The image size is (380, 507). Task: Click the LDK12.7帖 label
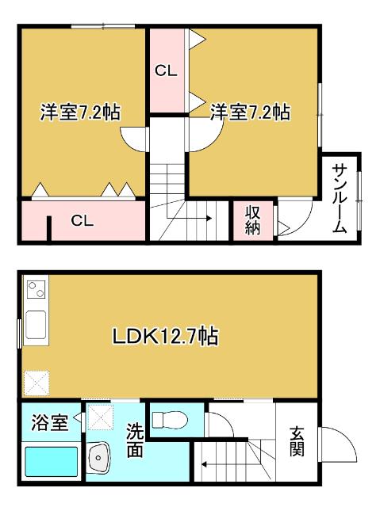point(164,337)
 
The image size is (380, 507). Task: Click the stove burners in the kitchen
point(36,290)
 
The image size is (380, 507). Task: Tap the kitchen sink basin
point(36,326)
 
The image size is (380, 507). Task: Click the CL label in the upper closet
point(166,71)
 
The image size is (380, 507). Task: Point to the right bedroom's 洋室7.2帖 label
point(249,112)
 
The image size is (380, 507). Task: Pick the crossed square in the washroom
point(100,417)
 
